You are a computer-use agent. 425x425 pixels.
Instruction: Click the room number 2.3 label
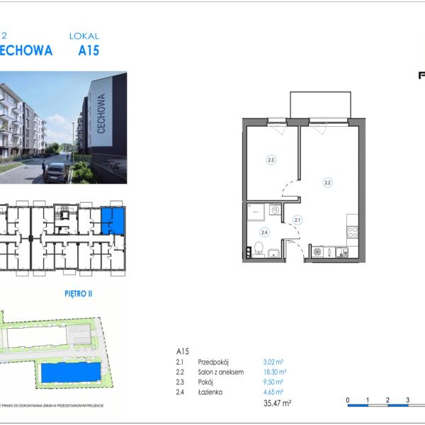click(x=271, y=160)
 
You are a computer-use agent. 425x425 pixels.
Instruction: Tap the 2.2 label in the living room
click(x=327, y=182)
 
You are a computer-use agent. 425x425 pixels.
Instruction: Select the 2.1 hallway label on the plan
click(x=297, y=220)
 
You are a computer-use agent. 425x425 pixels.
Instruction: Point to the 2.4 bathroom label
click(x=264, y=232)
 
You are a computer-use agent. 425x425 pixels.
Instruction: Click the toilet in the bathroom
click(x=259, y=248)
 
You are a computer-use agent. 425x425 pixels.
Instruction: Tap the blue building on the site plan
click(x=70, y=372)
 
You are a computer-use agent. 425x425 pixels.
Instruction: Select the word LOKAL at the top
click(x=84, y=35)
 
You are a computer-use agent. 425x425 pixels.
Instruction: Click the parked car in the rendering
click(x=55, y=172)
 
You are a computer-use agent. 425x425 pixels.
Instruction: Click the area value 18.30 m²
click(x=274, y=372)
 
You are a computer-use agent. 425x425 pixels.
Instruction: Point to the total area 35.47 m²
click(x=276, y=403)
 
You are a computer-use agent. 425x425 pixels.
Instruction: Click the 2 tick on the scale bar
click(x=387, y=400)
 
